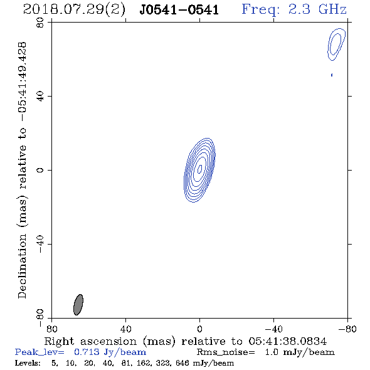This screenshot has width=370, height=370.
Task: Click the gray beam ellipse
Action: click(x=78, y=305)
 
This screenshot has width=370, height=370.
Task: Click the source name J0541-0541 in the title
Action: click(x=179, y=10)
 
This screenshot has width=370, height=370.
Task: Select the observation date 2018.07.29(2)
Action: click(x=74, y=10)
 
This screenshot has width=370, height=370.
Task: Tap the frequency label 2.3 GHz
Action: click(x=317, y=9)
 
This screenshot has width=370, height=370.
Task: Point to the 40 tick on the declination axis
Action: click(x=40, y=97)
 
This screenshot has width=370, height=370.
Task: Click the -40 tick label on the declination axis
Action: click(x=40, y=244)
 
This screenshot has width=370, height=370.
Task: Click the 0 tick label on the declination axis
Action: click(x=40, y=170)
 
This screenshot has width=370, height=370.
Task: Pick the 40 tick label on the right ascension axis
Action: click(x=125, y=329)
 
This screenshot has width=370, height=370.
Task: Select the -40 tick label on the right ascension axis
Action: click(x=273, y=329)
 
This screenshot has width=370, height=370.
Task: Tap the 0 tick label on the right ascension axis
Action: click(x=199, y=329)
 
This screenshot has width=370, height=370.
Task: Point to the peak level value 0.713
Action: click(x=86, y=352)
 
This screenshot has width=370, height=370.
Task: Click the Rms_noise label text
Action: click(x=226, y=352)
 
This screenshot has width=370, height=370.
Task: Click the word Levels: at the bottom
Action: click(x=28, y=363)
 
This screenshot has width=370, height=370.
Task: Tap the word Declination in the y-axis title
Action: click(x=22, y=267)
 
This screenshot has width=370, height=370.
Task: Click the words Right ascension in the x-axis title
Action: click(x=90, y=341)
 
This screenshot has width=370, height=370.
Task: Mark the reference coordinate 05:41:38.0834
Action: click(x=287, y=341)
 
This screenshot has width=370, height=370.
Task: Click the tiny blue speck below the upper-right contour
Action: click(x=332, y=75)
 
